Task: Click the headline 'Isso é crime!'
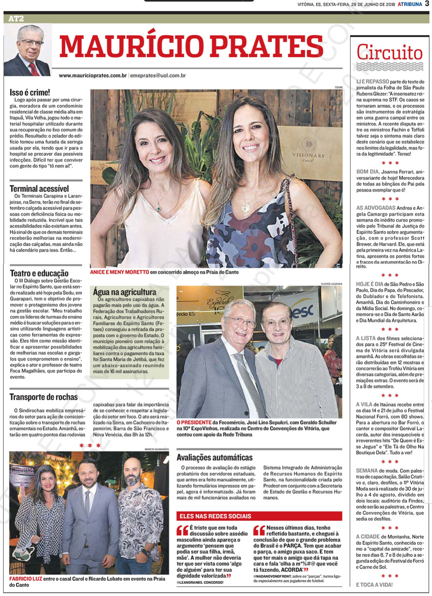pyautogui.click(x=30, y=93)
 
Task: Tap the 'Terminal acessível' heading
pyautogui.click(x=39, y=189)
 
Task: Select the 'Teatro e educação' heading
pyautogui.click(x=39, y=273)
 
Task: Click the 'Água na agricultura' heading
pyautogui.click(x=125, y=292)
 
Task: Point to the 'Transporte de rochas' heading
pyautogui.click(x=43, y=397)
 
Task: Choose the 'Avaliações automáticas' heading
pyautogui.click(x=214, y=457)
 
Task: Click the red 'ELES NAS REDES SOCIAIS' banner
pyautogui.click(x=215, y=516)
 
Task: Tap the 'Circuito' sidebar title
pyautogui.click(x=389, y=52)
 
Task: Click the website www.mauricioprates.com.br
pyautogui.click(x=93, y=75)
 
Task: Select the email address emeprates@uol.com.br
pyautogui.click(x=158, y=75)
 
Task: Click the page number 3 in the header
pyautogui.click(x=427, y=4)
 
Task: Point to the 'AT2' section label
pyautogui.click(x=16, y=19)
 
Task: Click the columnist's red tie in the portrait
pyautogui.click(x=34, y=69)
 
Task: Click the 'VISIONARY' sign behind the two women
pyautogui.click(x=308, y=156)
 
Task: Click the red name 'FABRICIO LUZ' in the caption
pyautogui.click(x=26, y=579)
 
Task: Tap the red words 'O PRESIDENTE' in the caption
pyautogui.click(x=194, y=422)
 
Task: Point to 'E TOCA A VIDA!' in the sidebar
pyautogui.click(x=374, y=585)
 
